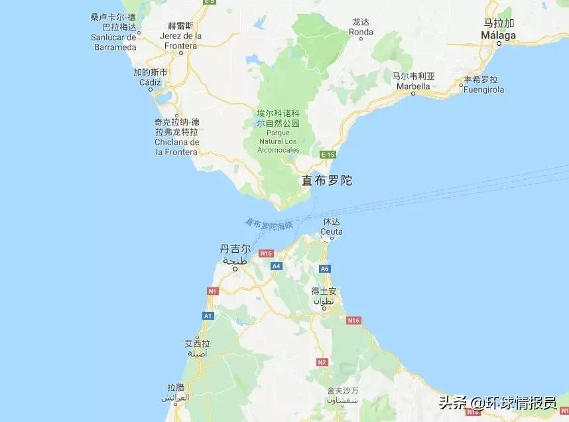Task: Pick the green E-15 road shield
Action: point(328,155)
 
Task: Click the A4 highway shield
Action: point(276,265)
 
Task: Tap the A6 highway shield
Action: point(324,269)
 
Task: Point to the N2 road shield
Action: point(322,362)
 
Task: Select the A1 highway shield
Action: point(208,316)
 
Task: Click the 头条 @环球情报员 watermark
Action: point(497,402)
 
